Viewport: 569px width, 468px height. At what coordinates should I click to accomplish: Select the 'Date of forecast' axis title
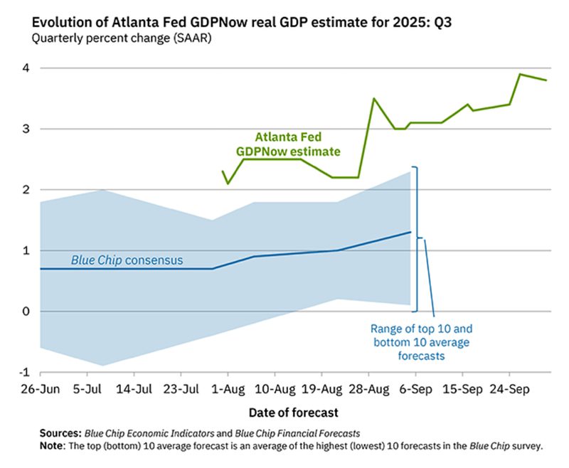tap(293, 413)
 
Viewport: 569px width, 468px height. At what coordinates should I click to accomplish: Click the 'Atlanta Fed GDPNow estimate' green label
tap(288, 144)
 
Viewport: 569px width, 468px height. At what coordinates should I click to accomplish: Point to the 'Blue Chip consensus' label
tap(127, 260)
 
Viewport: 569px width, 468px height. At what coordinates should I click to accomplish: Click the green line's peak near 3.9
tap(520, 74)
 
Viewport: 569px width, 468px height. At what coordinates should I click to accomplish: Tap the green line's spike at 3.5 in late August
tap(374, 99)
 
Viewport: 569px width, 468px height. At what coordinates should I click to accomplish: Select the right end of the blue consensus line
tap(410, 232)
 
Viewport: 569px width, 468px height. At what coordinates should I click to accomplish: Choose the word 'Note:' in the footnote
tap(54, 445)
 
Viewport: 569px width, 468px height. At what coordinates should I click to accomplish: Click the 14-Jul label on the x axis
tap(134, 390)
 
